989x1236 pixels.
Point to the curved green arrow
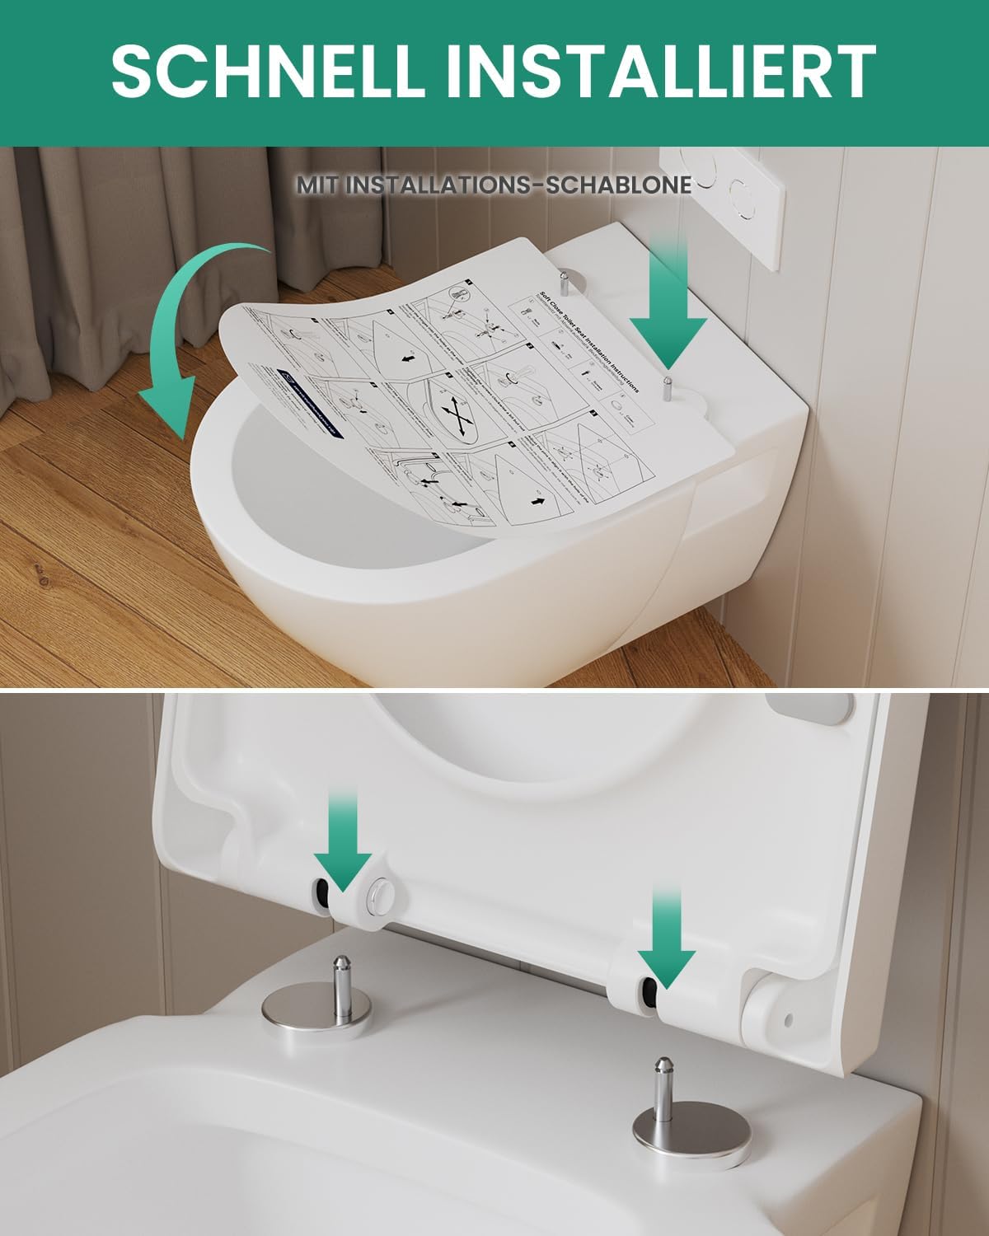198,330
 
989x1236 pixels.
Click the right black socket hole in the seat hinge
650,993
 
